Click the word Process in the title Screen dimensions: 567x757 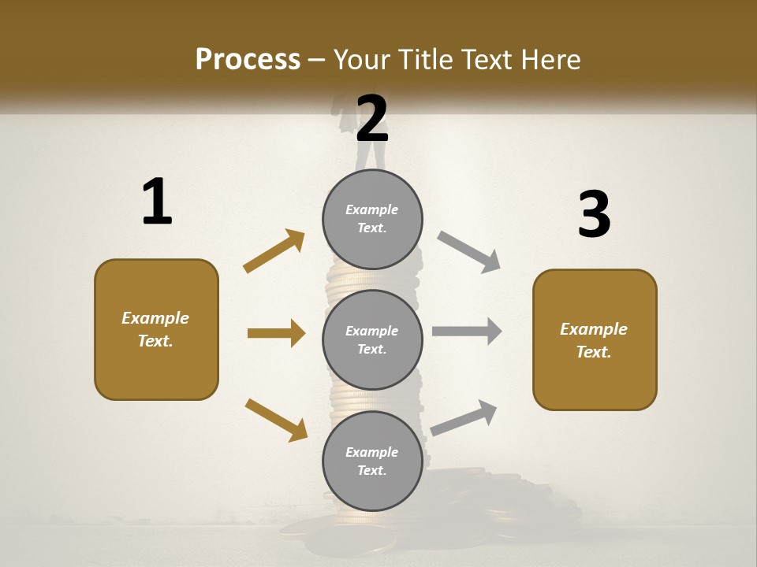point(248,60)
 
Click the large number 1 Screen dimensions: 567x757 point(157,202)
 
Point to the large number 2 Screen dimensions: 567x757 point(372,118)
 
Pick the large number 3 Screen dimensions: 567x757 point(594,215)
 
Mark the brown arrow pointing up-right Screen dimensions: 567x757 point(274,251)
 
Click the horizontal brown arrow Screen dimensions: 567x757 point(276,333)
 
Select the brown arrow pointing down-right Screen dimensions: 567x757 point(276,419)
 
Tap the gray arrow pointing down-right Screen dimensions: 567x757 point(468,251)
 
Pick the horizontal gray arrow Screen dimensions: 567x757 point(467,332)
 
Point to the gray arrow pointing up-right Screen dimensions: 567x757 point(464,417)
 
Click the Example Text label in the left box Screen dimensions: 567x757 point(155,329)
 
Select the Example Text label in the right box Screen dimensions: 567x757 point(594,340)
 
